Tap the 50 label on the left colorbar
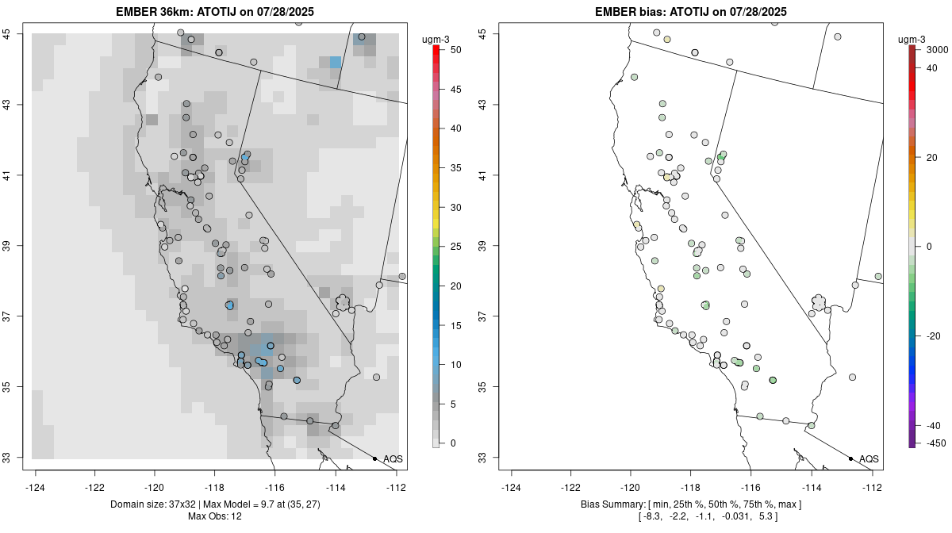click(x=455, y=50)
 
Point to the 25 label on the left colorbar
click(x=455, y=247)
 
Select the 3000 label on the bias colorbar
click(x=938, y=50)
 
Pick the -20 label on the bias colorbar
click(x=935, y=336)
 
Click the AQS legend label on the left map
click(x=393, y=459)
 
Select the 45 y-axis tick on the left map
click(x=17, y=34)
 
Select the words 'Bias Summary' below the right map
click(x=610, y=504)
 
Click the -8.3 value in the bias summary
click(x=652, y=517)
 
